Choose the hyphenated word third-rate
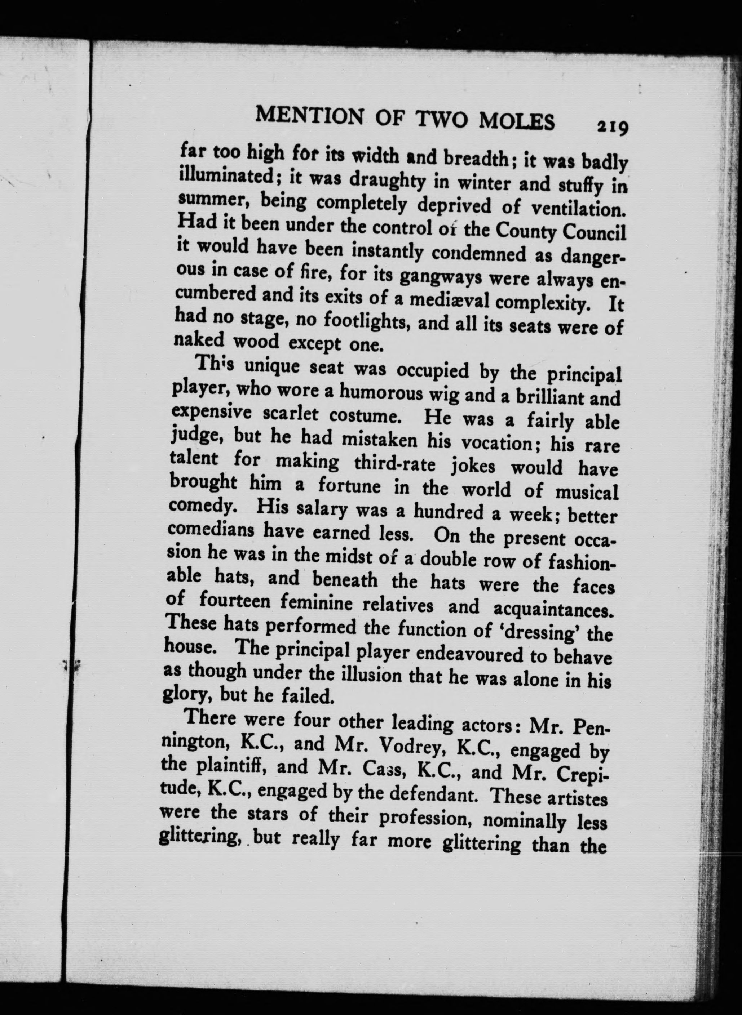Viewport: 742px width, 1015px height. [x=395, y=463]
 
